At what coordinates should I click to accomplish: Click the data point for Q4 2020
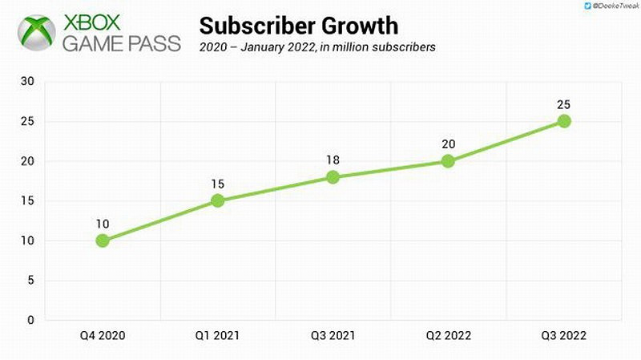(103, 241)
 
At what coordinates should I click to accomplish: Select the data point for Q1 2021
(218, 200)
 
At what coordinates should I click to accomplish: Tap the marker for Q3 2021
(333, 177)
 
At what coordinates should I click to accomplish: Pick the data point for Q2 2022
(448, 161)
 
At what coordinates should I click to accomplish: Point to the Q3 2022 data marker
(564, 121)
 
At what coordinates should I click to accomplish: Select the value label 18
(333, 160)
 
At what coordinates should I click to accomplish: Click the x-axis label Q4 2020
(103, 337)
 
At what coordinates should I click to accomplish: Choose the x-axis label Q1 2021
(218, 337)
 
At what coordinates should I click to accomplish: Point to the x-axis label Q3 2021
(333, 337)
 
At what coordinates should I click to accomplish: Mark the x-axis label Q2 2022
(448, 337)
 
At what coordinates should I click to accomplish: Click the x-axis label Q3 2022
(564, 337)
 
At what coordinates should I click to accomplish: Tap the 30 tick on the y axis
(28, 82)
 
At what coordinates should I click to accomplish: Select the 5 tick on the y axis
(31, 281)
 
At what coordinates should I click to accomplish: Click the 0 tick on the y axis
(31, 321)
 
